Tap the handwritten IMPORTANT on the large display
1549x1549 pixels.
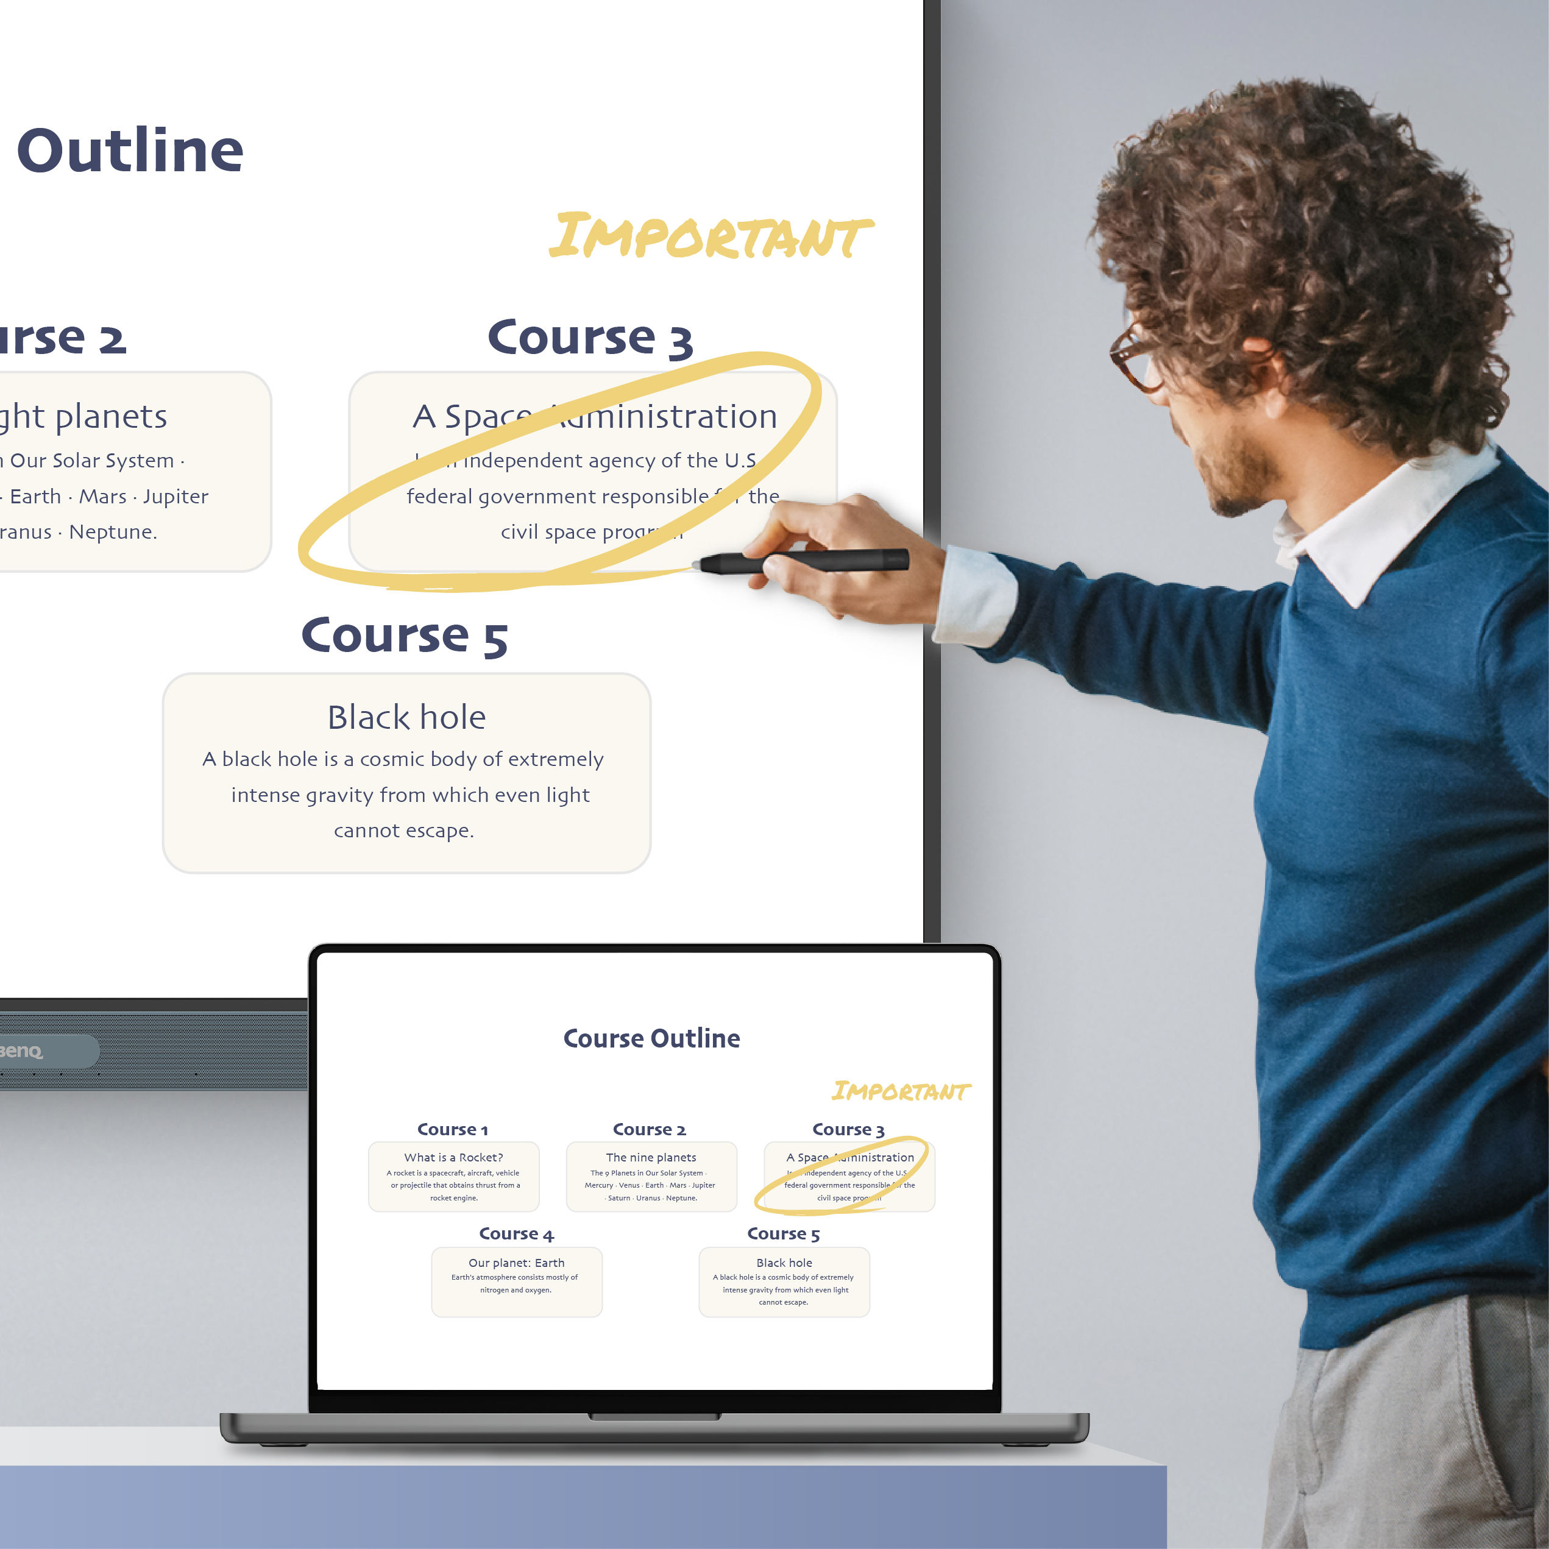click(711, 237)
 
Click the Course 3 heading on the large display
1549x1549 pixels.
click(589, 338)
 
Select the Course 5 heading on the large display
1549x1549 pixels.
click(404, 636)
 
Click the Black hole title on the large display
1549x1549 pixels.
click(406, 717)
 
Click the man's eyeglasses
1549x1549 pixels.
click(1135, 358)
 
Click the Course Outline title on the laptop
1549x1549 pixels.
click(651, 1038)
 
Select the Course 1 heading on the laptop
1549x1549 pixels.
click(452, 1129)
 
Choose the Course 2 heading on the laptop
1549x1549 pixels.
click(650, 1129)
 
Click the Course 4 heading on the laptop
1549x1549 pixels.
click(516, 1233)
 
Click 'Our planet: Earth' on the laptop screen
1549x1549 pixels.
click(516, 1262)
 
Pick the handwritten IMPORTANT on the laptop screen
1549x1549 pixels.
click(899, 1091)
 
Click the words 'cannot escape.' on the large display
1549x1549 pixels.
click(404, 830)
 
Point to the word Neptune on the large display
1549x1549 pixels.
click(112, 531)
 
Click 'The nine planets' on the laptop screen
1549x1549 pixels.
click(651, 1157)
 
